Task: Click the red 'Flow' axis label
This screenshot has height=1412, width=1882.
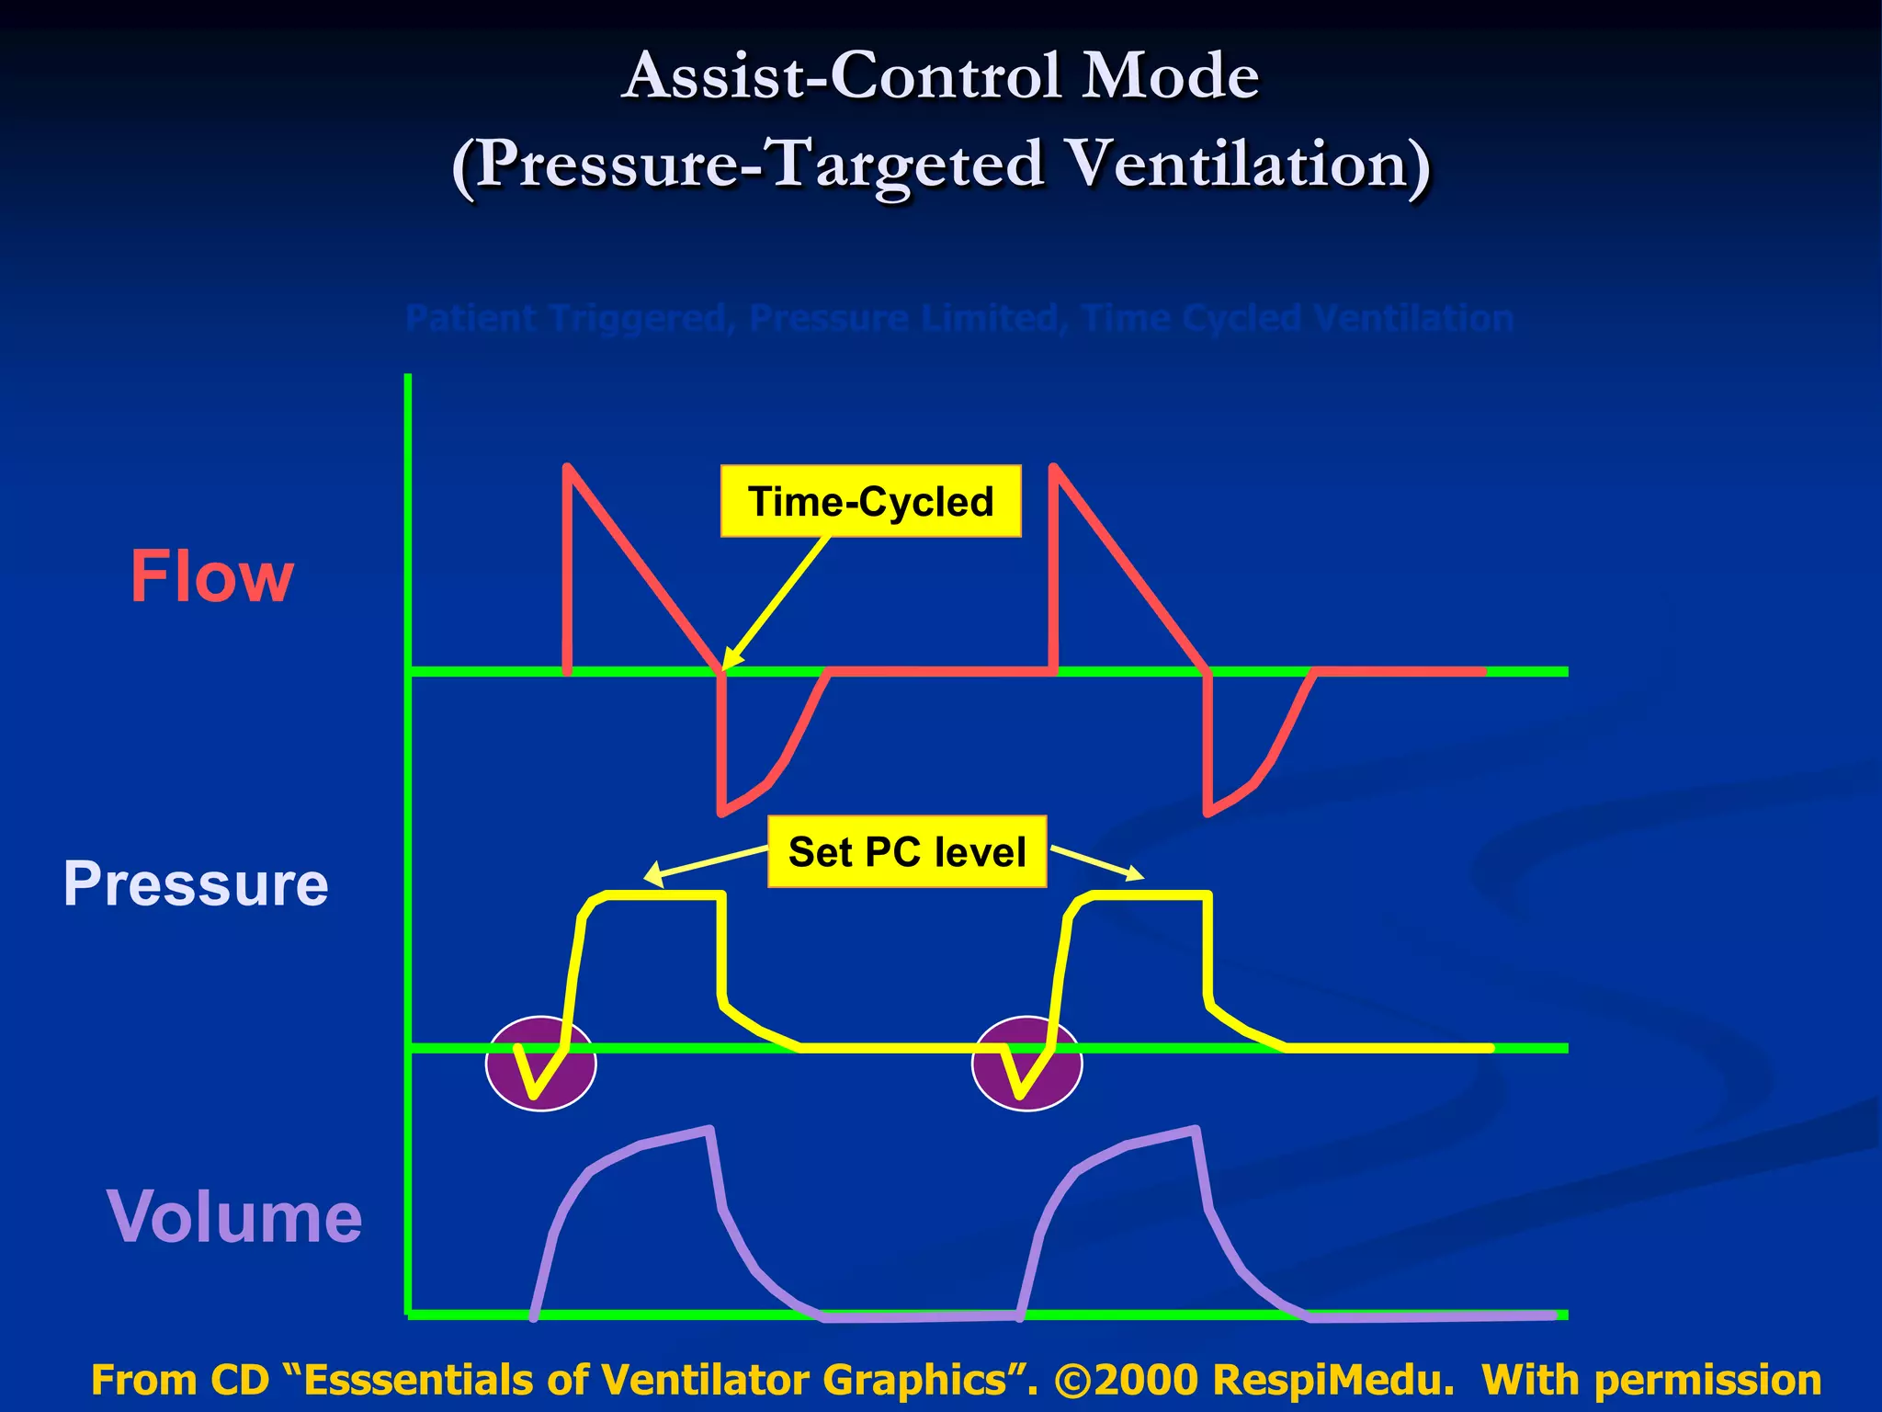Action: pos(211,577)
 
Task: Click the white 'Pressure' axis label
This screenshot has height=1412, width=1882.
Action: pos(195,884)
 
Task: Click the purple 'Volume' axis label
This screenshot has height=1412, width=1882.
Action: pos(234,1217)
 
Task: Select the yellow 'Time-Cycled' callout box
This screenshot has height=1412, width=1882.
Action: pos(870,502)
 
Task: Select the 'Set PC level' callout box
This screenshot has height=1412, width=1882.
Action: pos(907,852)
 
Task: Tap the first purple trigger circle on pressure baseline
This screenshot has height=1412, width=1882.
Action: pos(540,1064)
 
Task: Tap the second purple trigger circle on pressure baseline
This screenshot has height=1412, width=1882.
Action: pos(1026,1064)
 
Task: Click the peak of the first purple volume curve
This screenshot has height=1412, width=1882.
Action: pos(709,1130)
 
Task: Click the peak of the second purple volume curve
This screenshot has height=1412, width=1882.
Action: pos(1195,1130)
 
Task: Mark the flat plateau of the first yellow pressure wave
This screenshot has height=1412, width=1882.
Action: pos(666,894)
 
